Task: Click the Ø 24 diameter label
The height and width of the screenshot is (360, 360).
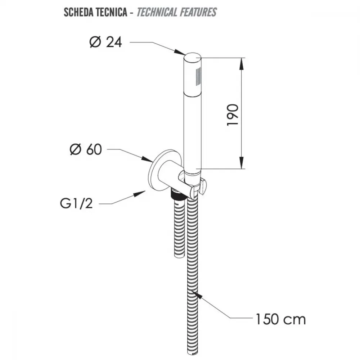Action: point(105,42)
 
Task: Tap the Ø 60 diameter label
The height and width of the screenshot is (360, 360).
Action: point(86,149)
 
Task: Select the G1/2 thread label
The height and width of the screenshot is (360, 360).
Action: point(76,203)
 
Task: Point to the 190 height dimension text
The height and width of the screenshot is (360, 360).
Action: point(233,115)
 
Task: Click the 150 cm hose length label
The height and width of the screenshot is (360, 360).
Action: point(280,319)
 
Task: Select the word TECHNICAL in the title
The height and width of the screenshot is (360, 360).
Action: point(157,12)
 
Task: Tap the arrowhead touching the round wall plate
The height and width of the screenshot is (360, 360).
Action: point(147,159)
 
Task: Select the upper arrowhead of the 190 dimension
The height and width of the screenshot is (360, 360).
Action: point(241,64)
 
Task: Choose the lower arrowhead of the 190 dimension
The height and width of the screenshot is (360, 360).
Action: point(241,163)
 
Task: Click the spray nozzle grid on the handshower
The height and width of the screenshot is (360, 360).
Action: point(198,77)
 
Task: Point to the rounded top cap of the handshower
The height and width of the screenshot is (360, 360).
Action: point(192,57)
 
